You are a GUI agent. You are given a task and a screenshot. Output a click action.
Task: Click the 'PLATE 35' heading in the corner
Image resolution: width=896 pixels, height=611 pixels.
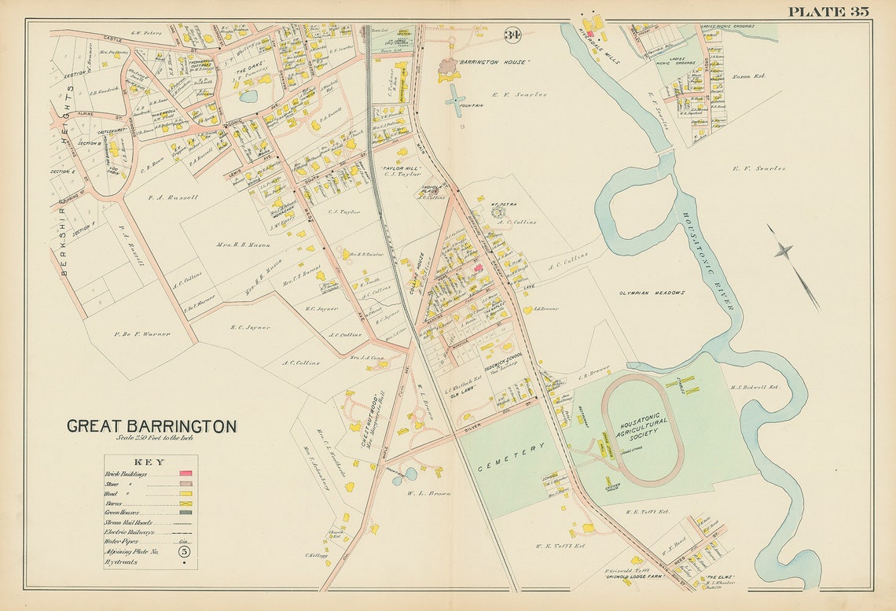(828, 11)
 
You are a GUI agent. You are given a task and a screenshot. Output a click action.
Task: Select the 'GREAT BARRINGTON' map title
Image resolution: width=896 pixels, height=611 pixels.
(151, 426)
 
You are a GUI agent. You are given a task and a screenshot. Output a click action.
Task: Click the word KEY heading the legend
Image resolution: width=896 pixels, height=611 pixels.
(149, 462)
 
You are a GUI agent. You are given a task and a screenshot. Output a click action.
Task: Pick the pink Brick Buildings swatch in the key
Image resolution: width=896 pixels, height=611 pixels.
(185, 474)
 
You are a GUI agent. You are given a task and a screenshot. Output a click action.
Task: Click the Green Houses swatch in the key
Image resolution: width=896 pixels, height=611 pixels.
(185, 513)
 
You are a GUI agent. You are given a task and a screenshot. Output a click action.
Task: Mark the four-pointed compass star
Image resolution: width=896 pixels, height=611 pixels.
(782, 251)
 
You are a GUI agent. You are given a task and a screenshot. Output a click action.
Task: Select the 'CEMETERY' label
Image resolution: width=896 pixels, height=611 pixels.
(511, 457)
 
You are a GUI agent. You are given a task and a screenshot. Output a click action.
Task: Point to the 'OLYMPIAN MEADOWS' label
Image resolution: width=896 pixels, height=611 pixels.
(652, 293)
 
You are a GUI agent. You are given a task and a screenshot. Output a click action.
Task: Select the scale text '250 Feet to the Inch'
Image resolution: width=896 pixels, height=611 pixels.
(153, 438)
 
